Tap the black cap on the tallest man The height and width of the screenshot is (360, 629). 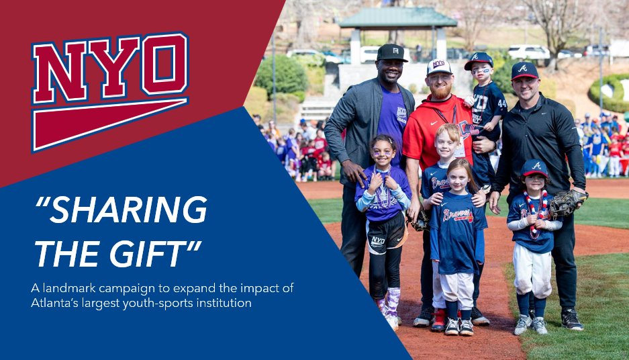(x=391, y=52)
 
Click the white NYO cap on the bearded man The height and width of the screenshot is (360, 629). (x=439, y=66)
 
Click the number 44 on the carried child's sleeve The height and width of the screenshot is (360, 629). (x=501, y=102)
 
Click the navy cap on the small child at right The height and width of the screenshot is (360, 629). (x=534, y=167)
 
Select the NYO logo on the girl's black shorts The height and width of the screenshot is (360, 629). (x=378, y=240)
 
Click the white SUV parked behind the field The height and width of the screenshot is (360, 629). (x=528, y=52)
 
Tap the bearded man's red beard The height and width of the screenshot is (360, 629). (x=440, y=92)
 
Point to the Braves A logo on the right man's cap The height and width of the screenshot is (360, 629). (x=523, y=68)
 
